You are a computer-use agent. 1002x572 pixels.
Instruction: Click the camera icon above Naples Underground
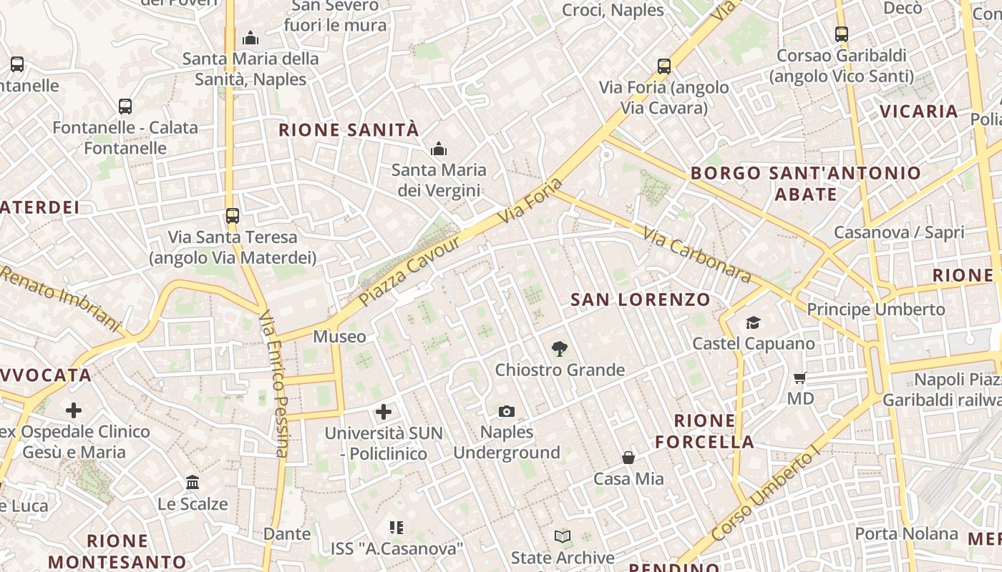coord(507,411)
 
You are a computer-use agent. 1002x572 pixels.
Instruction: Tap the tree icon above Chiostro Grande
coord(560,349)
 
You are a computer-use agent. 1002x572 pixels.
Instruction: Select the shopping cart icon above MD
coord(799,378)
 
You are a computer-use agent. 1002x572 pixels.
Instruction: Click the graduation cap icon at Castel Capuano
coord(753,323)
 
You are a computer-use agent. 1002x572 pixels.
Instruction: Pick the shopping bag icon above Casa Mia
coord(628,458)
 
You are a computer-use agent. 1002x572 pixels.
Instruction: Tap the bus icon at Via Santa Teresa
coord(232,215)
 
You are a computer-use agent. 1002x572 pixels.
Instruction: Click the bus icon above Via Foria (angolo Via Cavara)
coord(664,66)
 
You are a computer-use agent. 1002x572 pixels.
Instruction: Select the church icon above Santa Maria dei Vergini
coord(438,149)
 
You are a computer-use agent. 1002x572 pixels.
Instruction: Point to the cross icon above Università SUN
coord(384,412)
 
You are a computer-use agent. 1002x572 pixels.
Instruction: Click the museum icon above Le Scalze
coord(193,483)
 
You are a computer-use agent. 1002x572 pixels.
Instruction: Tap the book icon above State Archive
coord(563,536)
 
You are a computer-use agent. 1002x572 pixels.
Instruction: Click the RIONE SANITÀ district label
coord(349,130)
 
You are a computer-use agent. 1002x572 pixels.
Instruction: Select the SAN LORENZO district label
coord(641,300)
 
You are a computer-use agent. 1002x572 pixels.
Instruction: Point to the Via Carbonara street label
coord(696,255)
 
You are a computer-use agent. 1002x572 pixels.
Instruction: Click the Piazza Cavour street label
coord(410,272)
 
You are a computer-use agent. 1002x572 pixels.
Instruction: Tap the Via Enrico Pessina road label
coord(273,383)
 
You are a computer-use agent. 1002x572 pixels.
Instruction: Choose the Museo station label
coord(339,336)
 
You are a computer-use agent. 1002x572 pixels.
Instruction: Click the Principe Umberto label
coord(876,310)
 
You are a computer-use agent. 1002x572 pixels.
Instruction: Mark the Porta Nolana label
coord(906,533)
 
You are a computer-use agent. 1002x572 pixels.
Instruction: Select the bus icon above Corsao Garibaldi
coord(842,34)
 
